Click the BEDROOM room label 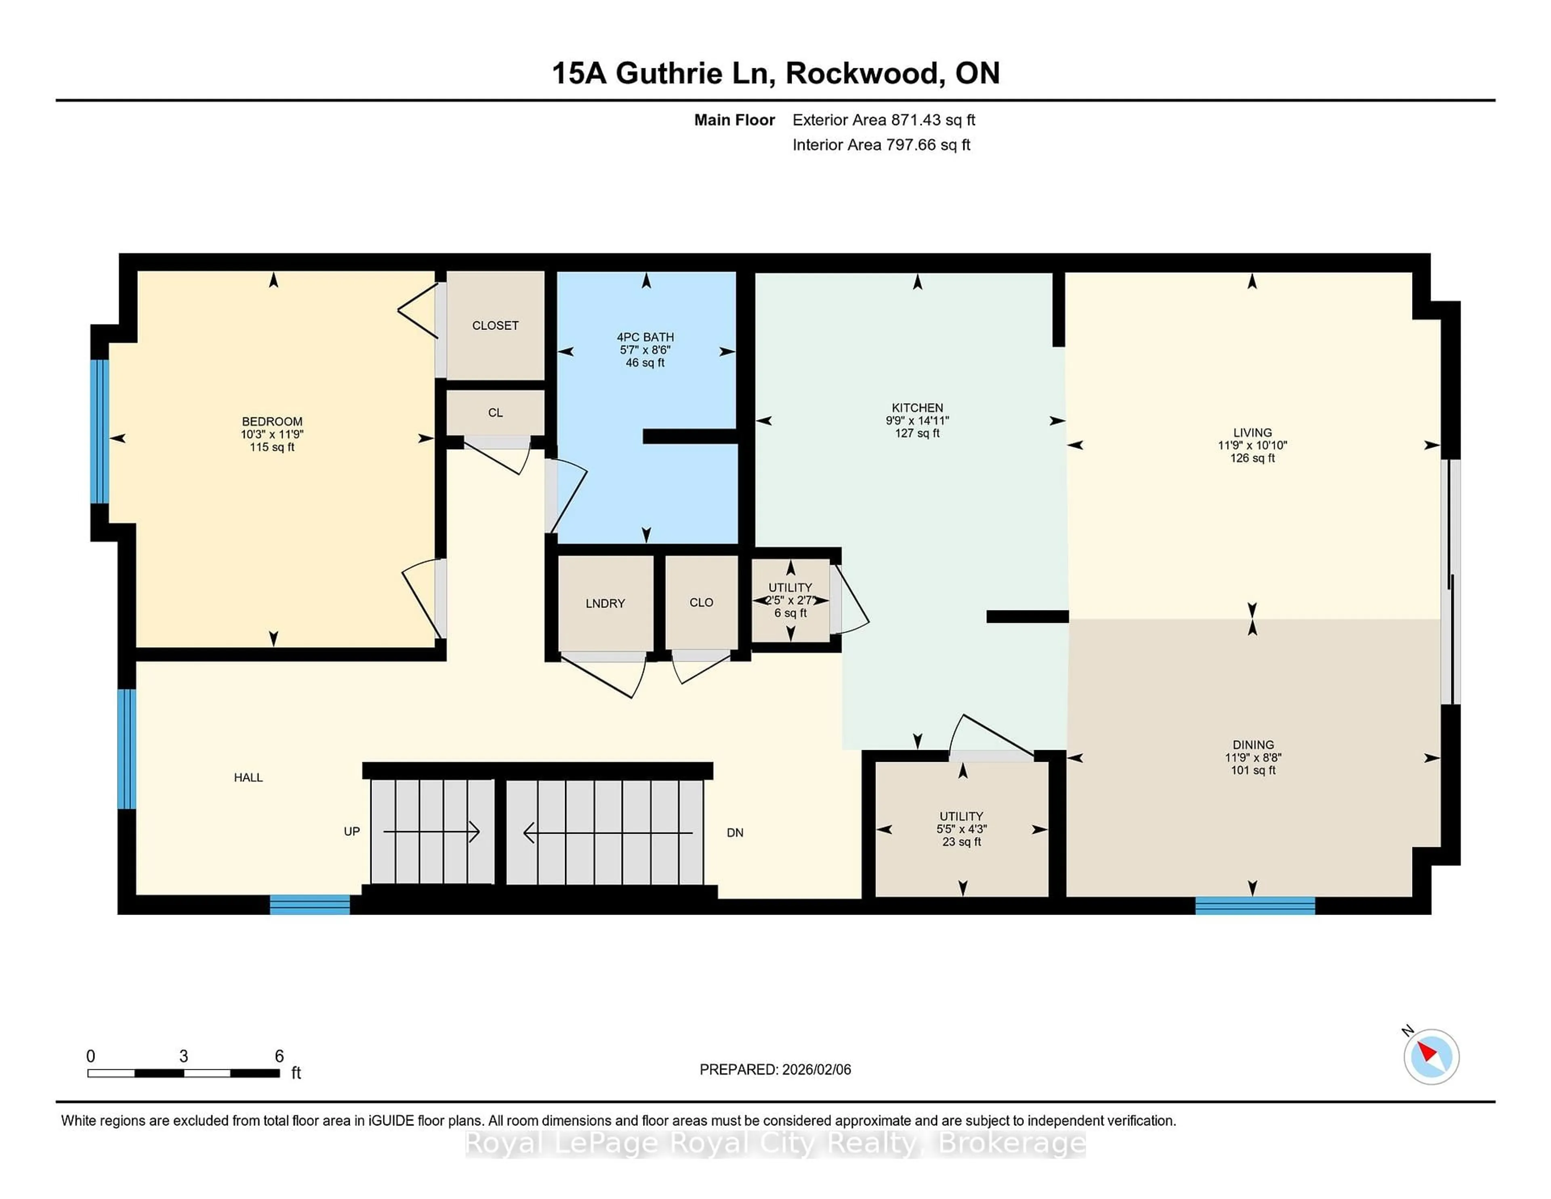tap(272, 421)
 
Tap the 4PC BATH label tap(645, 337)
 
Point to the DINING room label tap(1253, 745)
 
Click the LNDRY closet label tap(605, 603)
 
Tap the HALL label tap(248, 777)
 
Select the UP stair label tap(351, 831)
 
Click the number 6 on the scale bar tap(279, 1056)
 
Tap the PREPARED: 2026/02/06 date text tap(775, 1069)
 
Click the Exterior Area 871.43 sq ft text tap(883, 120)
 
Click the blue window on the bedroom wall tap(100, 431)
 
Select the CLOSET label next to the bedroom tap(495, 325)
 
